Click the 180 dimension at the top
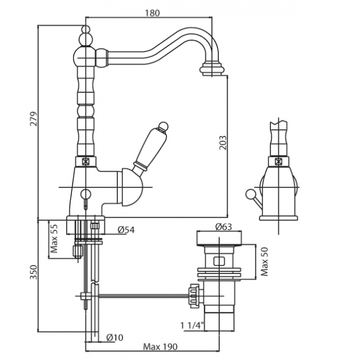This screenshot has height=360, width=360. [x=152, y=13]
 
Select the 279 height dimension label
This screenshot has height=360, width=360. [x=34, y=119]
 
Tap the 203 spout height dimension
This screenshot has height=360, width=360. [x=223, y=143]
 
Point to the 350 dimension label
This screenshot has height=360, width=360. [x=34, y=272]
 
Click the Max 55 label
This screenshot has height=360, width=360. [x=54, y=239]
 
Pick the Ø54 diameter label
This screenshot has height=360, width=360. [x=126, y=230]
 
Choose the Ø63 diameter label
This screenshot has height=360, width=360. [x=224, y=227]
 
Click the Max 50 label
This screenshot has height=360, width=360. [x=264, y=262]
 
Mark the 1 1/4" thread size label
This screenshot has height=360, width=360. [x=192, y=325]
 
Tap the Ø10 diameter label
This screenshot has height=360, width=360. [x=115, y=337]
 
